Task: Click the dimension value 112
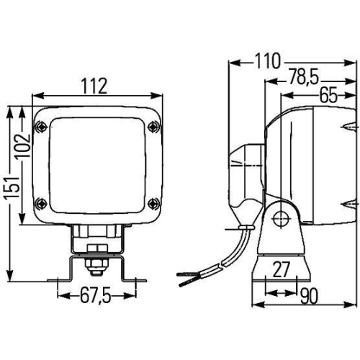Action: coord(94,86)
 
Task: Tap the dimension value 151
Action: coord(9,193)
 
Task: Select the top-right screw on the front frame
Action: coord(151,127)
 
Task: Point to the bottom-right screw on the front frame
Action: coord(151,204)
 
